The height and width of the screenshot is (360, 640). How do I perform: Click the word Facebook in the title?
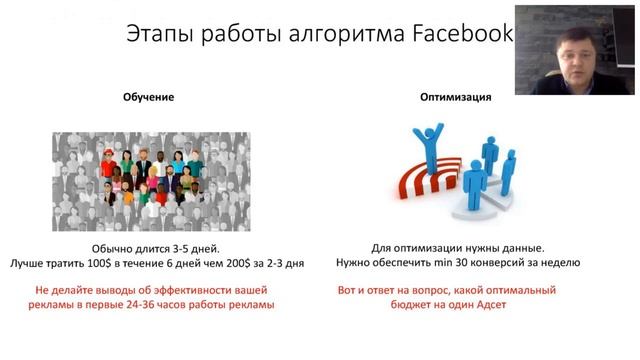tap(464, 34)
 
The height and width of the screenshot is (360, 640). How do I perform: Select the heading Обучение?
tap(148, 97)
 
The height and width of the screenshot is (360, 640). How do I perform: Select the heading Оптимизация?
tap(455, 97)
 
